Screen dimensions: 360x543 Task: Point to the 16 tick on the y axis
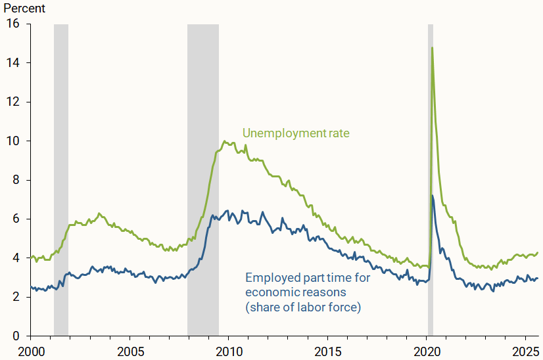point(14,24)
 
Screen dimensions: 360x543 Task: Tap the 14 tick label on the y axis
point(14,63)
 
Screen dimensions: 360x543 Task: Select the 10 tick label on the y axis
point(14,141)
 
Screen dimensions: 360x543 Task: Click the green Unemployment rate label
point(296,133)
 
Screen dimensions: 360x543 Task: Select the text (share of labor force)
point(303,306)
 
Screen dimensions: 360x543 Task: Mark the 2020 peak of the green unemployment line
point(432,48)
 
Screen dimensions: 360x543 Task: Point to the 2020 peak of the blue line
point(433,196)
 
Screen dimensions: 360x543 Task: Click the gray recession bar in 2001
point(61,177)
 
